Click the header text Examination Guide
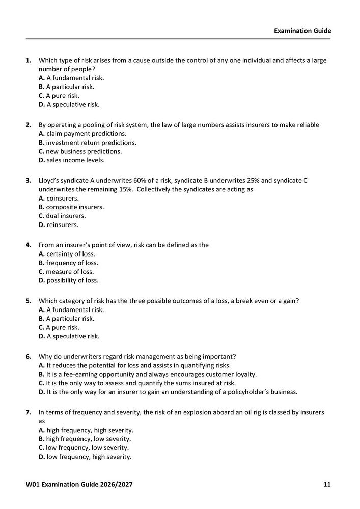pyautogui.click(x=302, y=31)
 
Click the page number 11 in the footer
pyautogui.click(x=327, y=484)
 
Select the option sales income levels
pyautogui.click(x=72, y=160)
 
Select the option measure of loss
pyautogui.click(x=66, y=271)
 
